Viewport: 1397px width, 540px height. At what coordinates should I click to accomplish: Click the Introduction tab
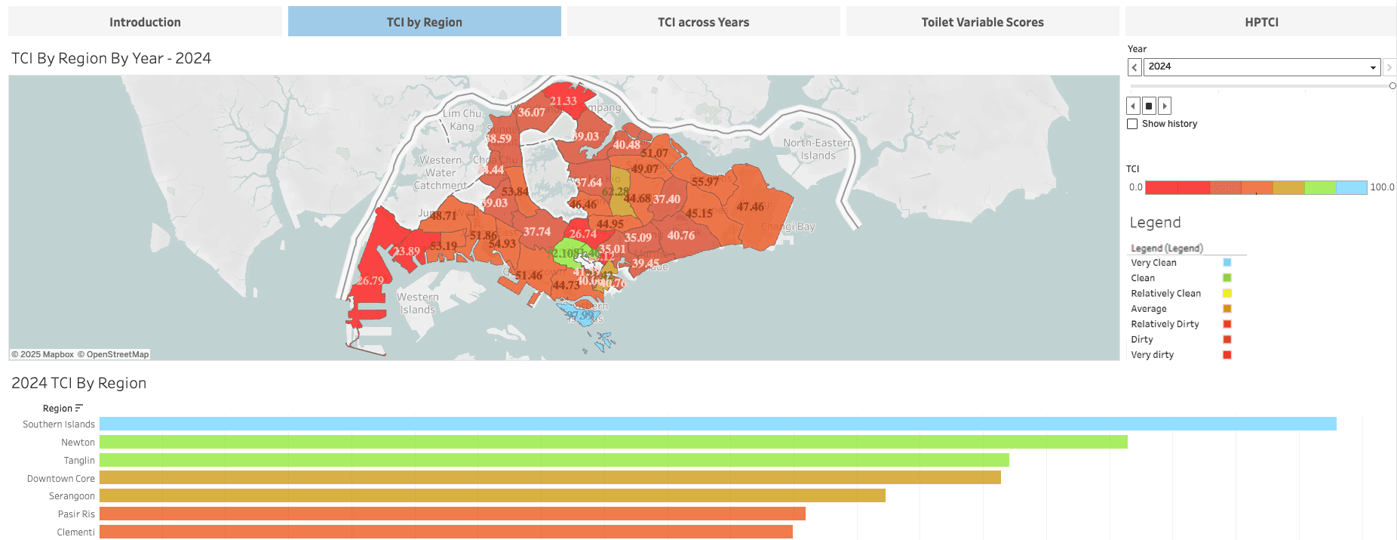click(x=145, y=22)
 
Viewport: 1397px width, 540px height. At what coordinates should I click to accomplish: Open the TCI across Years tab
click(x=703, y=22)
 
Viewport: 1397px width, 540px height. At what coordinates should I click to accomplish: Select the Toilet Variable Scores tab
click(x=982, y=22)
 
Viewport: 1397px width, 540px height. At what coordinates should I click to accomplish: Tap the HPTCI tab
click(x=1261, y=22)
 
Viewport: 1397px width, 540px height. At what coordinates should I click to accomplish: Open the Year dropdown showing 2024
click(x=1261, y=67)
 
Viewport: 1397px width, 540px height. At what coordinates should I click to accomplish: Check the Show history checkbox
click(x=1132, y=124)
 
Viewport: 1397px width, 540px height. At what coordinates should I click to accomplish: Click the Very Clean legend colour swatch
click(x=1227, y=263)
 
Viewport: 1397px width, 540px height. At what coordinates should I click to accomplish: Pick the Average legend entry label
click(x=1148, y=309)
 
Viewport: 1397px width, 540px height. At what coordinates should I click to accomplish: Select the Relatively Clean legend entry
click(x=1165, y=294)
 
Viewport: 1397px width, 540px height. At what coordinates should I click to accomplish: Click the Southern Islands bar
click(x=717, y=424)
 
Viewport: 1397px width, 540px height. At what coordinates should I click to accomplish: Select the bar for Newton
click(x=613, y=443)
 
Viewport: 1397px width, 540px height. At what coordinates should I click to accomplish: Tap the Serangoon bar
click(x=492, y=496)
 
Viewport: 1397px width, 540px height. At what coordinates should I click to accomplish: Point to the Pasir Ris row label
click(x=76, y=514)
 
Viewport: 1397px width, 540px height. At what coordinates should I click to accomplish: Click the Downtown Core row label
click(x=61, y=479)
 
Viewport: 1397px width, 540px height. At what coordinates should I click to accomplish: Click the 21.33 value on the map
click(x=563, y=101)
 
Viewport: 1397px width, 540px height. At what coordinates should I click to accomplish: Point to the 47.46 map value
click(x=750, y=207)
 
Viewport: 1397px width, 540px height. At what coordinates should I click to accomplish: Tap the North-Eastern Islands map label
click(x=818, y=150)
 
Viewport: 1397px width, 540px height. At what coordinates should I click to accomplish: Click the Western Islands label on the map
click(x=418, y=304)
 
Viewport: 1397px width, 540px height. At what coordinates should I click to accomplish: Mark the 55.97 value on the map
click(x=705, y=182)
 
